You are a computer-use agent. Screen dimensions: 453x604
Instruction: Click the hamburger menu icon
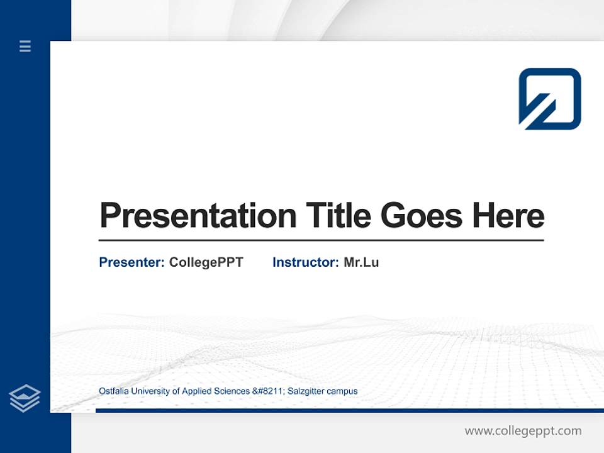[25, 46]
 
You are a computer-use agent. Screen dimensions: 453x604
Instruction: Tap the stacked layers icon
[25, 398]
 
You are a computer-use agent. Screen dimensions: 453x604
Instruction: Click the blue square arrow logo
[549, 99]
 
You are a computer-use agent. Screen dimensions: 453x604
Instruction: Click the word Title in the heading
[338, 216]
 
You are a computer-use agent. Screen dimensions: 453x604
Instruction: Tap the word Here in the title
[508, 216]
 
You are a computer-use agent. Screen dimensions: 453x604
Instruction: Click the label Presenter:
[131, 262]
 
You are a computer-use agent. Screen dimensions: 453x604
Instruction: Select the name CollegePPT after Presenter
[206, 262]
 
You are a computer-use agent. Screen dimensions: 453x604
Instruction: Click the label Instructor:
[305, 262]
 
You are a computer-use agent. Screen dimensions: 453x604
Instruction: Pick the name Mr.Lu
[361, 262]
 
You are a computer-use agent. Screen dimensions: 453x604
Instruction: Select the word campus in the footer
[344, 391]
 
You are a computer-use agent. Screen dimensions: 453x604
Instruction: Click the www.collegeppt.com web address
[523, 431]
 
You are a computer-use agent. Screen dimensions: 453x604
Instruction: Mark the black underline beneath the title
[321, 240]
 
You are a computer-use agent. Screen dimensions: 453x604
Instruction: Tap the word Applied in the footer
[197, 391]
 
